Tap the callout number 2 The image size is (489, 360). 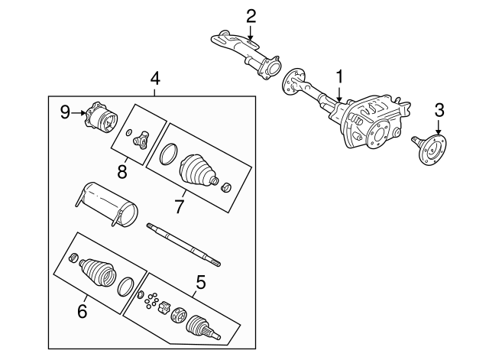(251, 16)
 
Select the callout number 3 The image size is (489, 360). (439, 109)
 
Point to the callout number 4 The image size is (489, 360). (155, 78)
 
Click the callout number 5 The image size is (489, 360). (200, 283)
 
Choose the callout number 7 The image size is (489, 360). (180, 205)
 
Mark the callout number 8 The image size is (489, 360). (122, 171)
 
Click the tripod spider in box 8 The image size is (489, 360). (140, 140)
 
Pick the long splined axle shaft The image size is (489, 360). (183, 242)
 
